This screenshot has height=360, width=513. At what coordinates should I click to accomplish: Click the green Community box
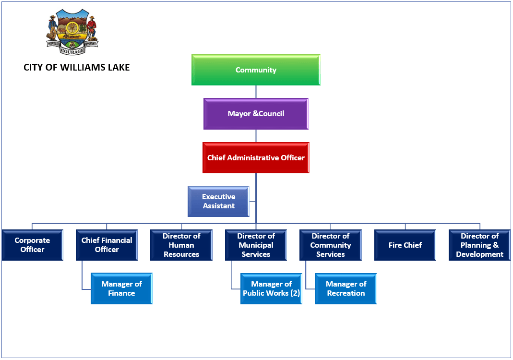pos(256,70)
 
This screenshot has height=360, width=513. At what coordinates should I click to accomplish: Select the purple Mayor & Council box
pos(256,114)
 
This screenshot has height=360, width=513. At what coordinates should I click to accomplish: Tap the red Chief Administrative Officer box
pos(256,157)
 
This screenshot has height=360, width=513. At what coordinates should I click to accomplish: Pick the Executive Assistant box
pos(218,202)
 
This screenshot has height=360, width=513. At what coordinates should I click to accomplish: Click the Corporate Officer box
pos(32,245)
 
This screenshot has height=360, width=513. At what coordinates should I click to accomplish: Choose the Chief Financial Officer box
pos(107,245)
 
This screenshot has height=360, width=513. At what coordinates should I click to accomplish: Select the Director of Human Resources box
pos(181,245)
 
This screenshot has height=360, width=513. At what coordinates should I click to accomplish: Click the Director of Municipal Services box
pos(256,245)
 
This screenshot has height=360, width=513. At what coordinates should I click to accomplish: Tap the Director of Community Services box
pos(330,245)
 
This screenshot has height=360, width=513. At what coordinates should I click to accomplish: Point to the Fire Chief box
pos(405,245)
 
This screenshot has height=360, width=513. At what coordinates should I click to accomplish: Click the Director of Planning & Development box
pos(479,245)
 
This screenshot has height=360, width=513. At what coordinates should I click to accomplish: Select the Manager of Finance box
pos(121,288)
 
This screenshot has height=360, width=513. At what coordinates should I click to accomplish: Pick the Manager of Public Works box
pos(271,288)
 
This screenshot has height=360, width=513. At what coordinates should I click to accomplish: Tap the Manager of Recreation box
pos(346,288)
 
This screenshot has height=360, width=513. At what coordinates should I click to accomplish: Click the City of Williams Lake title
pos(77,68)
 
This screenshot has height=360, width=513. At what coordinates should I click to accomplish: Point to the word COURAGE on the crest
pos(72,51)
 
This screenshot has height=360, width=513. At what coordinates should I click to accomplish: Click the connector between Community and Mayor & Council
pos(256,92)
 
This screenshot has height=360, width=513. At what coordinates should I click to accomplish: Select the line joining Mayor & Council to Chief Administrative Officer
pos(256,136)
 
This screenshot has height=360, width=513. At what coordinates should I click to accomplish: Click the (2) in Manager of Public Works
pos(295,293)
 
